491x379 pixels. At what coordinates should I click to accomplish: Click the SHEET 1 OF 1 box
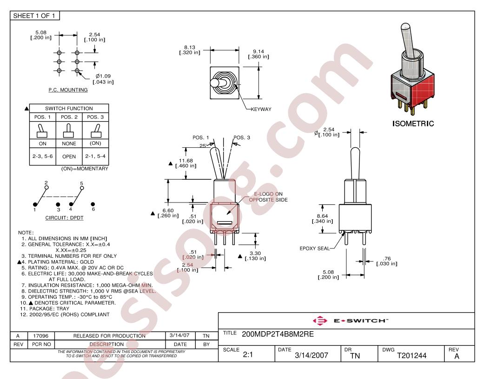click(35, 16)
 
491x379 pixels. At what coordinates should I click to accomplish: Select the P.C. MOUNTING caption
click(68, 90)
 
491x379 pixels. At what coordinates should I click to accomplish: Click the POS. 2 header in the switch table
click(69, 117)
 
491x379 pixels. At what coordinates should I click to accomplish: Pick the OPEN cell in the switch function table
click(69, 157)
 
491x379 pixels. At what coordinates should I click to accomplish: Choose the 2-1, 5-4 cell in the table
click(95, 156)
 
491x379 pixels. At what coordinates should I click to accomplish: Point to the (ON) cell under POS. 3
click(95, 143)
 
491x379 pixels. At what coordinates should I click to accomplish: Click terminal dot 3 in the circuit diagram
click(58, 204)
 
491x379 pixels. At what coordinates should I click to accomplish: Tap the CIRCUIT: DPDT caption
click(64, 218)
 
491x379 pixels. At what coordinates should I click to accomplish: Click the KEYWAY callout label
click(261, 109)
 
